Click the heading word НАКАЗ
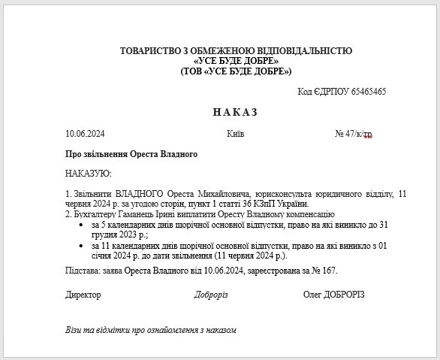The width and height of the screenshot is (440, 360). (x=235, y=112)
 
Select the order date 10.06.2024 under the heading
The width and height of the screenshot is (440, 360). (x=85, y=134)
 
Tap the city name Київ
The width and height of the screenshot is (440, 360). (x=234, y=134)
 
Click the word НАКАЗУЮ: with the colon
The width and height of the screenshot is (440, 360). (x=89, y=174)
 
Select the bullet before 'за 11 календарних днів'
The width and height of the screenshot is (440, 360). (x=81, y=245)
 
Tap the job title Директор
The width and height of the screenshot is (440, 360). (x=83, y=295)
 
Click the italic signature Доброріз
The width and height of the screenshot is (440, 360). (x=211, y=295)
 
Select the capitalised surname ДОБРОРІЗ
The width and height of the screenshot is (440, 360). (x=343, y=295)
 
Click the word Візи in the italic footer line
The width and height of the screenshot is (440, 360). (x=75, y=329)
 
